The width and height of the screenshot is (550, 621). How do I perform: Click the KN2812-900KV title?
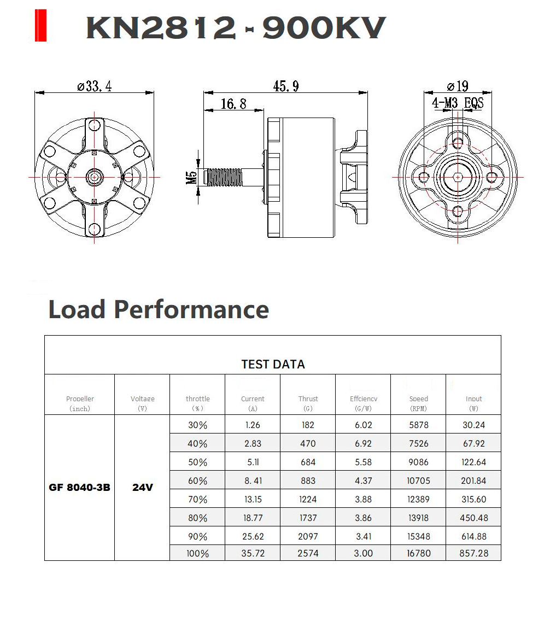coord(236,27)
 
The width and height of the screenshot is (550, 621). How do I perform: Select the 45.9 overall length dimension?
coord(285,86)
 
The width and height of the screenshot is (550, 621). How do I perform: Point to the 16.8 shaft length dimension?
coord(233,103)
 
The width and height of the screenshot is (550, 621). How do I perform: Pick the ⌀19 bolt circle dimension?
coord(458,86)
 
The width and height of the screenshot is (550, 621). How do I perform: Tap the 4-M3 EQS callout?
coord(458,103)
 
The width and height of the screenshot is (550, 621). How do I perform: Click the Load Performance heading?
coord(159,309)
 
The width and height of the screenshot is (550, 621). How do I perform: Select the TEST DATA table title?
coord(272,364)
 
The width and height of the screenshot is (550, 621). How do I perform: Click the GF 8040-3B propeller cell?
coord(79,487)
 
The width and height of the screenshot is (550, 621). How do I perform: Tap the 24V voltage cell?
coord(142,487)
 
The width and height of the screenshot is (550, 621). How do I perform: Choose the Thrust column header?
coord(308,403)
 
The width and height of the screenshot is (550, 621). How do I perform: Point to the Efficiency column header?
coord(363,403)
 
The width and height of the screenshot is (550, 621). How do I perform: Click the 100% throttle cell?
coord(197,553)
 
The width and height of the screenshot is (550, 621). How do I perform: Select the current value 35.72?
coord(253,553)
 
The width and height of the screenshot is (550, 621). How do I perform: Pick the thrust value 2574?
coord(308,553)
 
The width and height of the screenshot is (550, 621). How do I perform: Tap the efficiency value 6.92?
coord(363,443)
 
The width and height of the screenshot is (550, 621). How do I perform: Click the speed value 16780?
coord(418,553)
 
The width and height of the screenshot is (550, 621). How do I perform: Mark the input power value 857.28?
coord(473,553)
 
